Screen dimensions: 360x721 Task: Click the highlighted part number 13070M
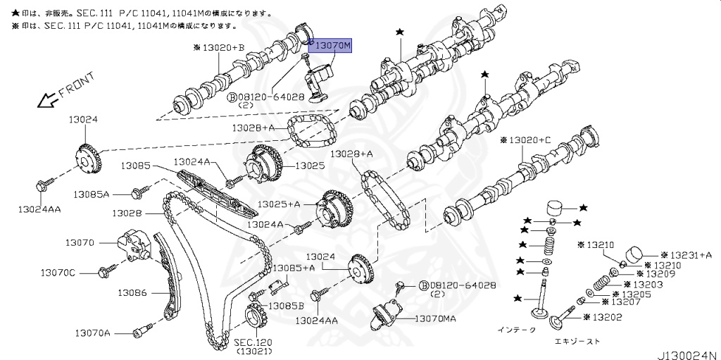point(332,46)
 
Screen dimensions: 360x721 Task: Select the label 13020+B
point(219,47)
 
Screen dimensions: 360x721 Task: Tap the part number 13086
point(132,292)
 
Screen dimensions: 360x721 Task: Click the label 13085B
point(288,306)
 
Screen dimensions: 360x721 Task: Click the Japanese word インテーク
point(516,329)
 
